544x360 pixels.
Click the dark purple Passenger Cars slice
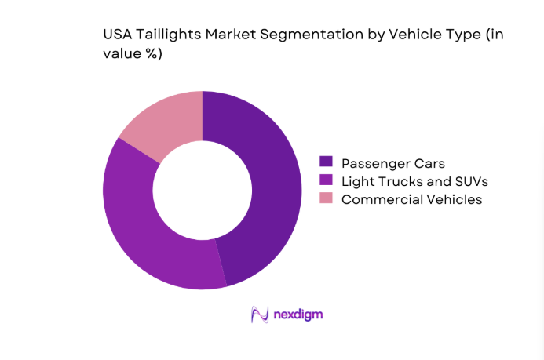(x=267, y=188)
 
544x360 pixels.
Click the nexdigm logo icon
(x=259, y=315)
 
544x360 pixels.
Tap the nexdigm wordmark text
(x=298, y=315)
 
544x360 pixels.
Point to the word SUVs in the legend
(x=469, y=181)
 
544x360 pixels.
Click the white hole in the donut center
(x=202, y=190)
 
